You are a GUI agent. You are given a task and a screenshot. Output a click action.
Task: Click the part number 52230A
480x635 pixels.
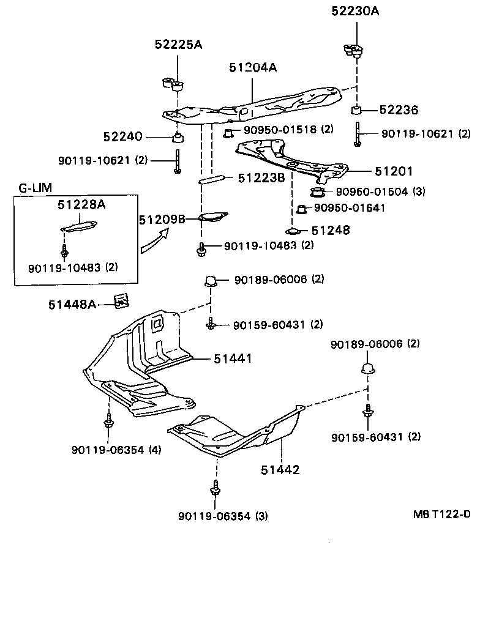(x=355, y=12)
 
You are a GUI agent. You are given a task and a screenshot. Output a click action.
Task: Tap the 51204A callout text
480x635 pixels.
(x=253, y=68)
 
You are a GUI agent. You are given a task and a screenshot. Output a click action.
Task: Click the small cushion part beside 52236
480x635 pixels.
(x=357, y=111)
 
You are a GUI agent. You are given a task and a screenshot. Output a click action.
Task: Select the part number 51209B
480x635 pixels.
(x=161, y=219)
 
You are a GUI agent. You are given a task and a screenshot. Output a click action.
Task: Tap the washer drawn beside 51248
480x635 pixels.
(x=292, y=231)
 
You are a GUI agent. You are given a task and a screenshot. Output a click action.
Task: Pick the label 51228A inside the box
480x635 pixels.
(x=81, y=205)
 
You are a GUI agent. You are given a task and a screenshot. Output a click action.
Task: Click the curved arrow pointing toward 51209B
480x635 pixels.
(x=152, y=240)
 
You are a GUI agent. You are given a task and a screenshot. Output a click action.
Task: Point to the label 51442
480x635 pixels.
(x=280, y=470)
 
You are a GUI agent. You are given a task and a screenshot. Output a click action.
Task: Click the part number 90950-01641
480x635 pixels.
(x=350, y=208)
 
